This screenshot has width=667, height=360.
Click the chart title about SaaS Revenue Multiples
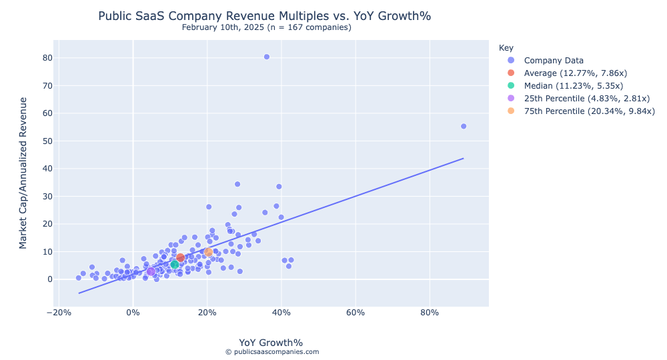coord(269,15)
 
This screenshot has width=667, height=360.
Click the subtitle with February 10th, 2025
coord(266,27)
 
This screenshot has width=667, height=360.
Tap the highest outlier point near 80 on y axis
coord(267,57)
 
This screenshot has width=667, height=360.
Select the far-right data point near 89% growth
coord(464,126)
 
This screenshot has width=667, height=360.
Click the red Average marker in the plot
coord(180,257)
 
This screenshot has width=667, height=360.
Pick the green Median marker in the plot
coord(175,265)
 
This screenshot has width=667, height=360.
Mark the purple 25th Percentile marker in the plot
coord(151,271)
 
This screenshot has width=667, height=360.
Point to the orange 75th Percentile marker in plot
coord(208,252)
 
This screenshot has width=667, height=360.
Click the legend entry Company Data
coord(554,60)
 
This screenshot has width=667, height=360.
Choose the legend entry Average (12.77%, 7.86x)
coord(575,73)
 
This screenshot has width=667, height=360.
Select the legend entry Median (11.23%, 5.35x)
coord(573,85)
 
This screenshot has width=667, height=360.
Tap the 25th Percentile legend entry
coord(586,98)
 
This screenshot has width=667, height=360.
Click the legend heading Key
coord(506,48)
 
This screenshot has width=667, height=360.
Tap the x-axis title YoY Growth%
coord(271,343)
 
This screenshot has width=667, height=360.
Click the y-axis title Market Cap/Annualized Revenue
coord(23,173)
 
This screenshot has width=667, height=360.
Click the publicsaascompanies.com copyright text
coord(271,352)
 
